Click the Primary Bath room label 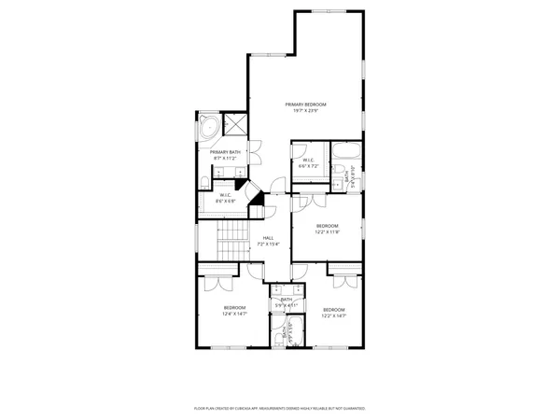pos(224,152)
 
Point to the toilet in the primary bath pos(205,180)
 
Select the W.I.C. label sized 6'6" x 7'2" pos(307,160)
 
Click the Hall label pos(268,238)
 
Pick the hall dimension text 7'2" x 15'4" pos(268,245)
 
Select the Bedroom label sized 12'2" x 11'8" pos(326,225)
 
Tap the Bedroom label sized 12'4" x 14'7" pos(234,307)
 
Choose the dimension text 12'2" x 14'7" pos(333,316)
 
